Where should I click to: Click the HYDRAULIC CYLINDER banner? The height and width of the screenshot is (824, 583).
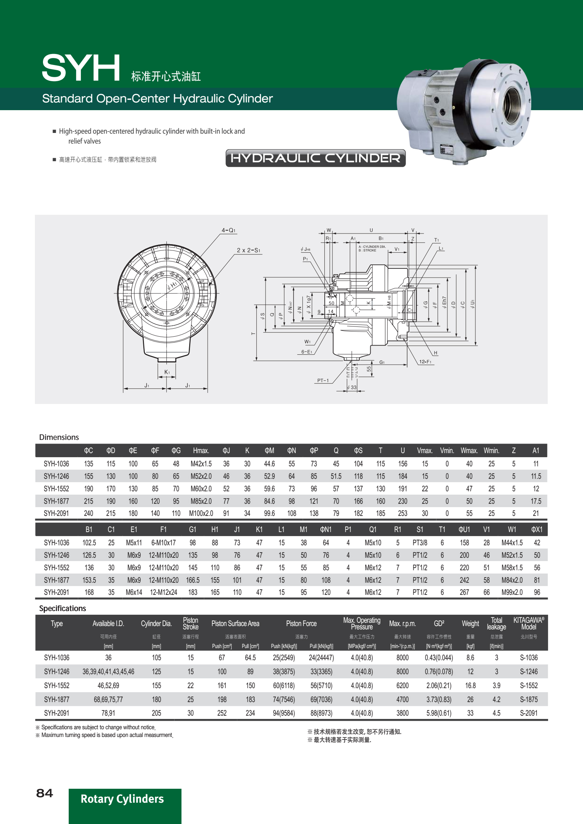tap(315, 158)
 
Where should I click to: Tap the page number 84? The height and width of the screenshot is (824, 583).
tap(44, 793)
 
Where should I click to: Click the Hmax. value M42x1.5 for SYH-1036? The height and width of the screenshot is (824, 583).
tap(201, 464)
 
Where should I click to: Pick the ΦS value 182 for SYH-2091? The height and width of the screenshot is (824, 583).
tap(358, 513)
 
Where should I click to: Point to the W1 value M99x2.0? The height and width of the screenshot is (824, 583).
tap(512, 592)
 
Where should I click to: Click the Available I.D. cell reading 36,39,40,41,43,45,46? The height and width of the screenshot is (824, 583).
tap(108, 672)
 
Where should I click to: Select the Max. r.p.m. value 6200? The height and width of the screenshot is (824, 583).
tap(402, 686)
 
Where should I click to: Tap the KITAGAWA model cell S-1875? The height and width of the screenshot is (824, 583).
tap(529, 700)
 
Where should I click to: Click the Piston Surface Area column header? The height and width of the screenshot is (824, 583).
tap(235, 624)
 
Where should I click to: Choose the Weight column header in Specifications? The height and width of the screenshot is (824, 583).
tap(470, 624)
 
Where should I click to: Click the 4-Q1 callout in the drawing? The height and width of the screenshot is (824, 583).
tap(228, 230)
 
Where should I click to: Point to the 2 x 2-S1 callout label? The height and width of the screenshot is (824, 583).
tap(248, 250)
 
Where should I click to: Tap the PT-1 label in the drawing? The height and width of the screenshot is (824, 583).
tap(323, 380)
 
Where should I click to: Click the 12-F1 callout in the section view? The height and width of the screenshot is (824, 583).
tap(425, 362)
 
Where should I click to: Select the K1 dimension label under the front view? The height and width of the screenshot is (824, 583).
tap(167, 372)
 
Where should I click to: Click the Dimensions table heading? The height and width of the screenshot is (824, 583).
tap(59, 437)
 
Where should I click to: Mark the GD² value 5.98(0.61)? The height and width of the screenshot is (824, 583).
tap(439, 713)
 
